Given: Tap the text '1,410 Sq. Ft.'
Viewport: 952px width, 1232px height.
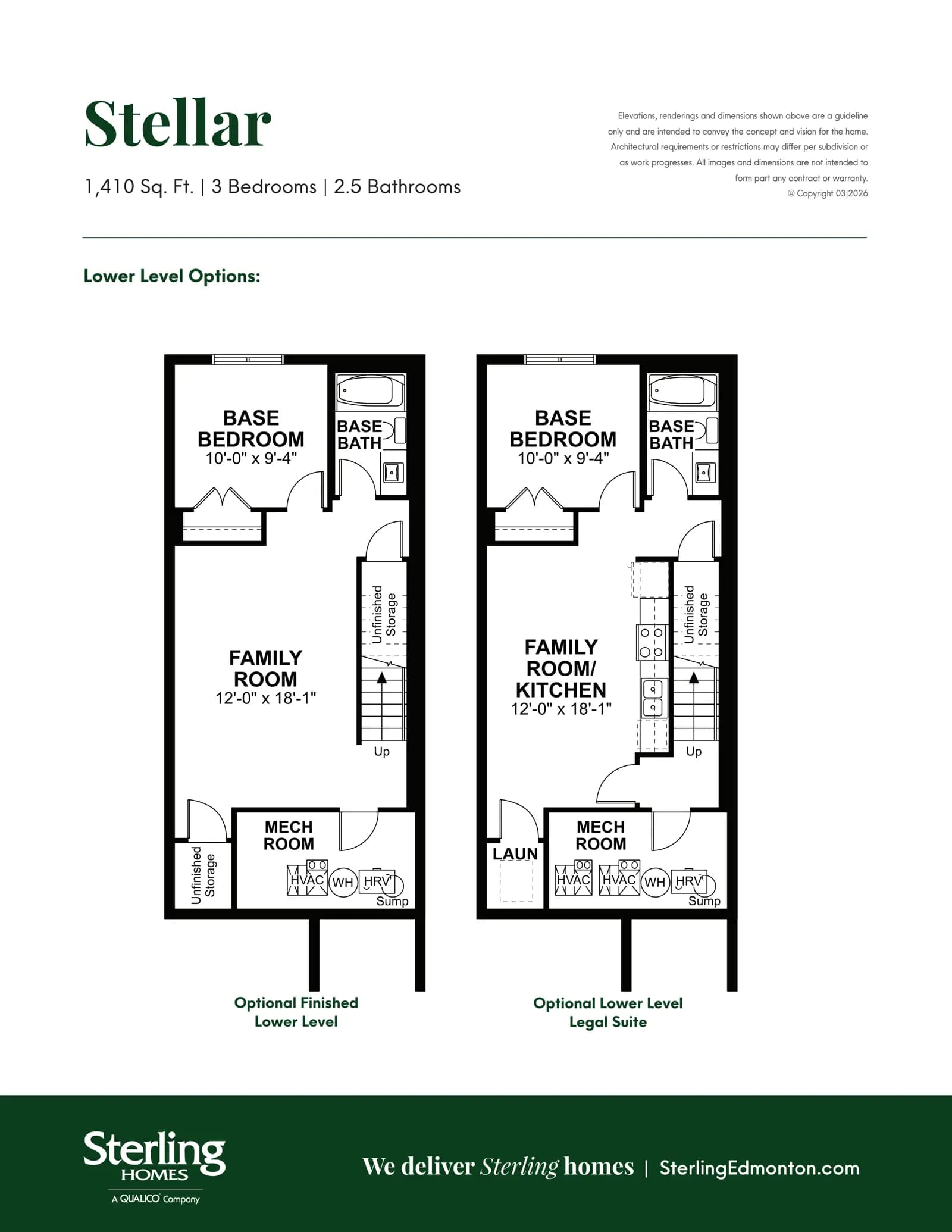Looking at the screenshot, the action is [x=139, y=187].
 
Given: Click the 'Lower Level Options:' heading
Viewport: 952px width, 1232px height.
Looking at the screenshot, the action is [x=172, y=276].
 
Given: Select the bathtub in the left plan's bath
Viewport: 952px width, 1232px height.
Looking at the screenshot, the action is [x=370, y=391].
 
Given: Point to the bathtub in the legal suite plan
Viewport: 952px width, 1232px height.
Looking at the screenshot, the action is [x=682, y=391].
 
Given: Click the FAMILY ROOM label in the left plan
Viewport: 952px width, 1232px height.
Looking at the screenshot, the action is [x=265, y=668].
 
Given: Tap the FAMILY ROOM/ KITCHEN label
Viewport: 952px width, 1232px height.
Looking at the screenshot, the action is [x=561, y=668].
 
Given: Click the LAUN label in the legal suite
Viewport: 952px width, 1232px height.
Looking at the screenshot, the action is [x=515, y=853].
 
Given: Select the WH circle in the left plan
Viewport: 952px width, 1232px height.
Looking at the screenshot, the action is [x=343, y=882].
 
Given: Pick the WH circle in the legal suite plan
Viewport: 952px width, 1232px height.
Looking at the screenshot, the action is [x=654, y=882].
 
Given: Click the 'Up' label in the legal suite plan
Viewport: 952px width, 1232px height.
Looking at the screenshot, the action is [x=694, y=752].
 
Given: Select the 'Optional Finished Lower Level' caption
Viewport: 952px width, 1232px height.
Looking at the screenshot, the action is [x=296, y=1012].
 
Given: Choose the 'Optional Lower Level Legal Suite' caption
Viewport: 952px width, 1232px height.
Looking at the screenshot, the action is [x=608, y=1012].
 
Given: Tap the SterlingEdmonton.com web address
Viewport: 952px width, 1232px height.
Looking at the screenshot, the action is [x=760, y=1168].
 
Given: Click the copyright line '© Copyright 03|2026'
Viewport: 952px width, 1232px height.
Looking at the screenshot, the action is [x=828, y=193].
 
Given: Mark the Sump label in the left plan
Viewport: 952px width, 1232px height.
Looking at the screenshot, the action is [x=392, y=901].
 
